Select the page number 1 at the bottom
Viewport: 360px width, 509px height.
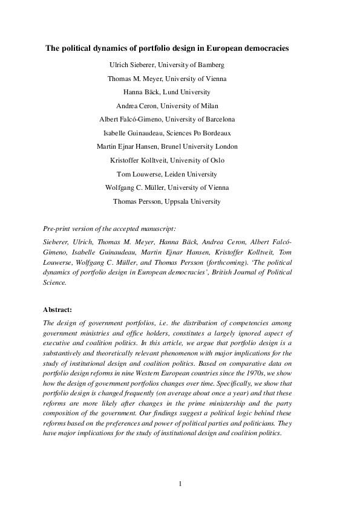pyautogui.click(x=180, y=483)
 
